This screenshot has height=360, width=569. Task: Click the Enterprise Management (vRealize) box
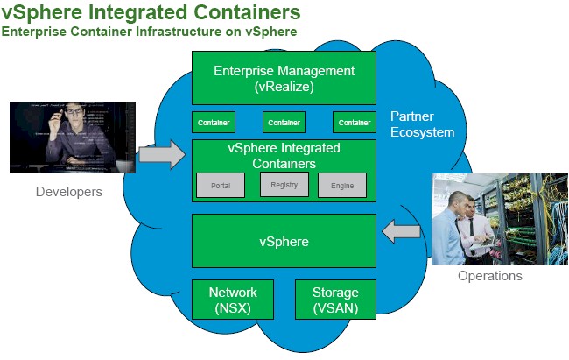pos(284,78)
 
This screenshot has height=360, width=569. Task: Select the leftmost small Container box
pos(214,123)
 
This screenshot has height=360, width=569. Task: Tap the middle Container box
pos(284,123)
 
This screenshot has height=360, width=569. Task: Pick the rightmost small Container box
pos(354,123)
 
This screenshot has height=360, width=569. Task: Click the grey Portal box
pos(221,186)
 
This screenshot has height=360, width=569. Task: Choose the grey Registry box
pos(284,184)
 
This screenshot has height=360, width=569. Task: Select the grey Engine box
pos(342,186)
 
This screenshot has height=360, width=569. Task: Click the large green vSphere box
pos(284,240)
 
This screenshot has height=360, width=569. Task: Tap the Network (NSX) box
pos(233,300)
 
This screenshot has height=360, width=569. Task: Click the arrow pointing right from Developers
pos(163,156)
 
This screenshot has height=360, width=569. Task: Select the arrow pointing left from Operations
pos(403,231)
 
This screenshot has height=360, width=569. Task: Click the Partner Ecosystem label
pos(422,124)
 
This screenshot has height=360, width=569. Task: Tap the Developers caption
pos(69,191)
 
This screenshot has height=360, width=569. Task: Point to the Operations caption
pos(490,276)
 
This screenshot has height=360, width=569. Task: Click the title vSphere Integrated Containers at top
pos(151,12)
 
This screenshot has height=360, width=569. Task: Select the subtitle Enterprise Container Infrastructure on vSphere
pos(149,32)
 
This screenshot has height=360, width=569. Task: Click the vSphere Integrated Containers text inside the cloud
pos(284,155)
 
